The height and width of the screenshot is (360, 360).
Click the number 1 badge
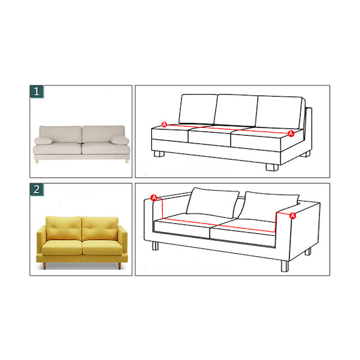37,92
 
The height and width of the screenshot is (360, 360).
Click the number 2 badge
37,190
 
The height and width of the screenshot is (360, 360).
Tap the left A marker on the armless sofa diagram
164,124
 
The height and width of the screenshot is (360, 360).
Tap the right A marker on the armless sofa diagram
291,133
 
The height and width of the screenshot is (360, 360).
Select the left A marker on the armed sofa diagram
154,197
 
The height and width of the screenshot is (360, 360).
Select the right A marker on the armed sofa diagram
293,215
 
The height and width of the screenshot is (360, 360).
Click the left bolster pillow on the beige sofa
43,141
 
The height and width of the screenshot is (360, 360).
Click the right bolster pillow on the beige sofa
119,140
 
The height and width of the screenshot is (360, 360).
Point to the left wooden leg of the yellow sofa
44,266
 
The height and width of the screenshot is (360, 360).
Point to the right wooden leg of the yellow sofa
119,266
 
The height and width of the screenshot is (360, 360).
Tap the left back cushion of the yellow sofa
64,228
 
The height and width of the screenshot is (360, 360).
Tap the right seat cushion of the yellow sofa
103,247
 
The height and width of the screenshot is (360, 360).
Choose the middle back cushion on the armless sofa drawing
236,110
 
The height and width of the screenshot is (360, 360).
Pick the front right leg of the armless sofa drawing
272,167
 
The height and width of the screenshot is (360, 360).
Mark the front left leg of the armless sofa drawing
160,154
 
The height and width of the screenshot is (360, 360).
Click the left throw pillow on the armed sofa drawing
212,203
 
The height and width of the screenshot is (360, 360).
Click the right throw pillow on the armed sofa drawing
268,206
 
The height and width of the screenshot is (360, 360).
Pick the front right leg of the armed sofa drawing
284,266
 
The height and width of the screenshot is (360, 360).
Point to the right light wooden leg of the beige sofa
127,161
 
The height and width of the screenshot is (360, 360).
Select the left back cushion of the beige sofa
61,134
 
